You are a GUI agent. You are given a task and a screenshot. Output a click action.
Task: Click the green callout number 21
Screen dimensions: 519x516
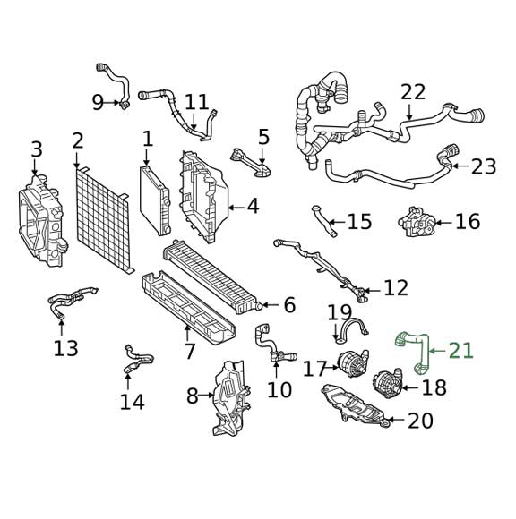point(461,351)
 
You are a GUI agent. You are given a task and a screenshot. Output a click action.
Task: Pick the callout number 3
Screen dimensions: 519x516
point(36,149)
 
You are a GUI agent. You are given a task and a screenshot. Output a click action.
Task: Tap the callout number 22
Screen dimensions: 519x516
point(413,92)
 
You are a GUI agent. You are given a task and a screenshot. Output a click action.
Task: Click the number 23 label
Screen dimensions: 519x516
point(483,166)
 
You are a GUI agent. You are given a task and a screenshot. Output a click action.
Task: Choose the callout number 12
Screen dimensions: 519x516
point(395,288)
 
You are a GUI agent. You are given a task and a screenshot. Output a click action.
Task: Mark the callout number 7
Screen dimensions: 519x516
point(190,351)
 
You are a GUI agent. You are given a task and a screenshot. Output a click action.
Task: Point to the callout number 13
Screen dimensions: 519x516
point(65,348)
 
